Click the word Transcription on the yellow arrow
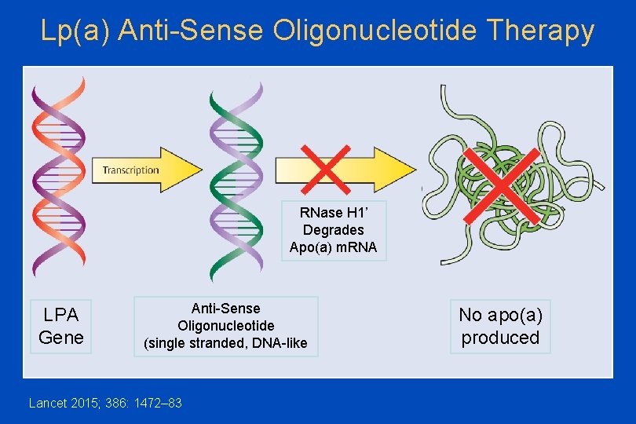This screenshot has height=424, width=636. tap(130, 170)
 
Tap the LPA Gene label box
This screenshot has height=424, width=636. tap(61, 327)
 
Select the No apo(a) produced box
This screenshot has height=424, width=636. tap(500, 327)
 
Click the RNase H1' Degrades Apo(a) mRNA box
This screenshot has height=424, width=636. tap(333, 230)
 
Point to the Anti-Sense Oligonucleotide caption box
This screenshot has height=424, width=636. tap(225, 326)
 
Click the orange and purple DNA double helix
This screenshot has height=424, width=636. tap(57, 177)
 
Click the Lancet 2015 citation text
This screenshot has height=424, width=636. tap(105, 403)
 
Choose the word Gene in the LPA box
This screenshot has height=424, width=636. tap(61, 338)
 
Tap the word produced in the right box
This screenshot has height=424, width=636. tap(500, 338)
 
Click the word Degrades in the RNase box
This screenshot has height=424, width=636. tap(333, 230)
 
